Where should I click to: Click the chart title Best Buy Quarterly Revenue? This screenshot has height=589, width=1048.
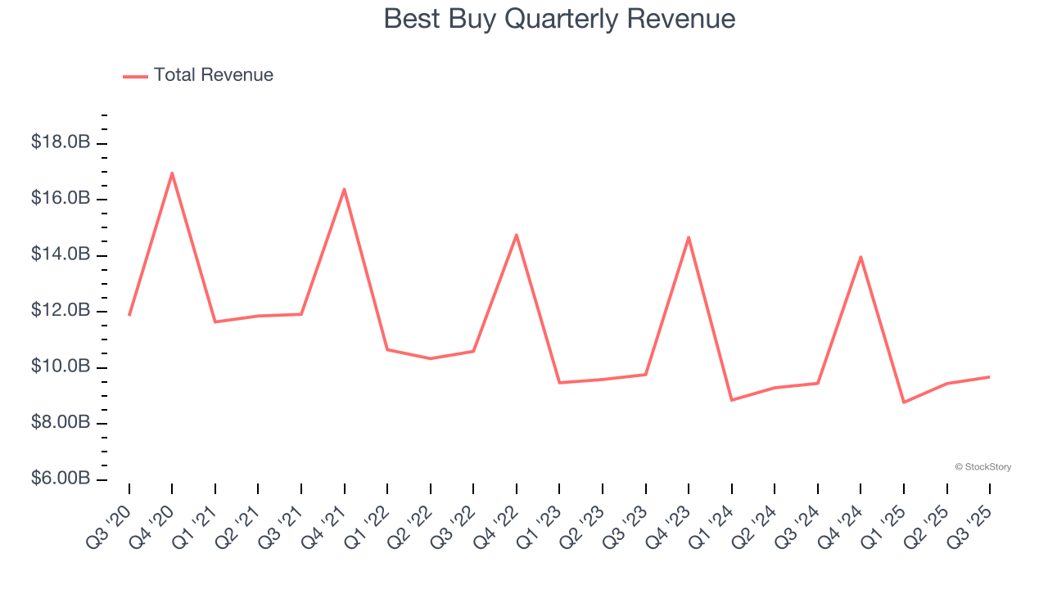coord(559,19)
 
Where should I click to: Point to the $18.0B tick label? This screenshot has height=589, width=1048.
coord(61,143)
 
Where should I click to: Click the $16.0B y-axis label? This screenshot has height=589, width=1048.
coord(61,199)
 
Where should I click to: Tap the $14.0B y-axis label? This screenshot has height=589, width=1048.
coord(61,255)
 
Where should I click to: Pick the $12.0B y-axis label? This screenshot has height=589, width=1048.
coord(61,311)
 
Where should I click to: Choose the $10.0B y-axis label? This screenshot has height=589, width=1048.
coord(61,366)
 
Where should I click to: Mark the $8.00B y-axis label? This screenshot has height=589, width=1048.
coord(61,423)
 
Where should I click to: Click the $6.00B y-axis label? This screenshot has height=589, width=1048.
coord(61,479)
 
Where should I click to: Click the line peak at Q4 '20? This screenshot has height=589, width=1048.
coord(172,173)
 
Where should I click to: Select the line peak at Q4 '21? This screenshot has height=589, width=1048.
coord(344,189)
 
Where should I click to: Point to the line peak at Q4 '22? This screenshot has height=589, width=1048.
coord(517,235)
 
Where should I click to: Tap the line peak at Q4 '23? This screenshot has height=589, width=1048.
coord(689,237)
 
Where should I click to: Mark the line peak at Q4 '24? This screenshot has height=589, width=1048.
coord(861,257)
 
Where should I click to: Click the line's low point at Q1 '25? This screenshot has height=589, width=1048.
coord(904,402)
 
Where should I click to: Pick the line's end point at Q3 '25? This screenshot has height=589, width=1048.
coord(990,377)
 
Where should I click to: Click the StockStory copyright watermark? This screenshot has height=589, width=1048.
coord(982,467)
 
